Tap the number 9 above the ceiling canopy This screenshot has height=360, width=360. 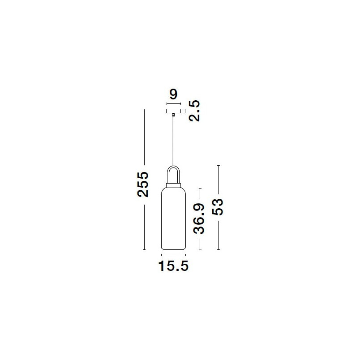coord(173,94)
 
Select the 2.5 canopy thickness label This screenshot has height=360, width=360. coord(194,111)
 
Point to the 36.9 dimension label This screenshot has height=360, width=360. coord(199,219)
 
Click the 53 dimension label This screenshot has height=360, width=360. coord(218,207)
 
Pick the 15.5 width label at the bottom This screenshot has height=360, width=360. coord(173,266)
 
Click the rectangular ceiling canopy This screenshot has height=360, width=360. coord(173,111)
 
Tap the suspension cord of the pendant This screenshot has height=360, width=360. coord(174,141)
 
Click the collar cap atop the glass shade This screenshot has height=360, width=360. coord(173,185)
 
